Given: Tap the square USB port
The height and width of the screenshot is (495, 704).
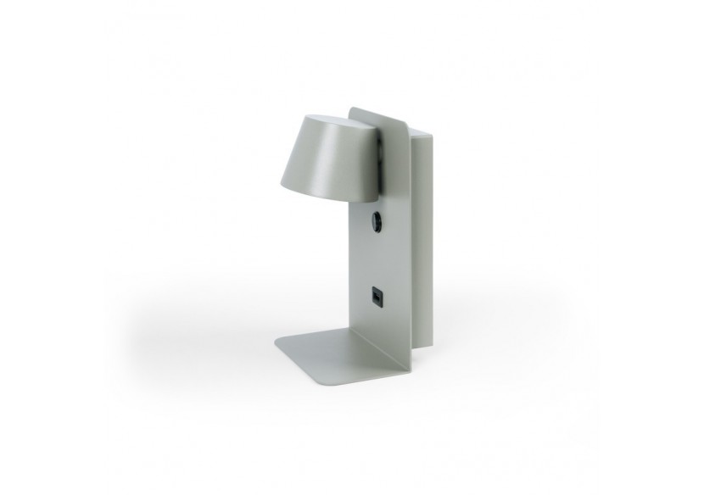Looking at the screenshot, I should (x=374, y=297).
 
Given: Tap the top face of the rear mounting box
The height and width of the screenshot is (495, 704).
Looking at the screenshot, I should (x=421, y=132).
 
